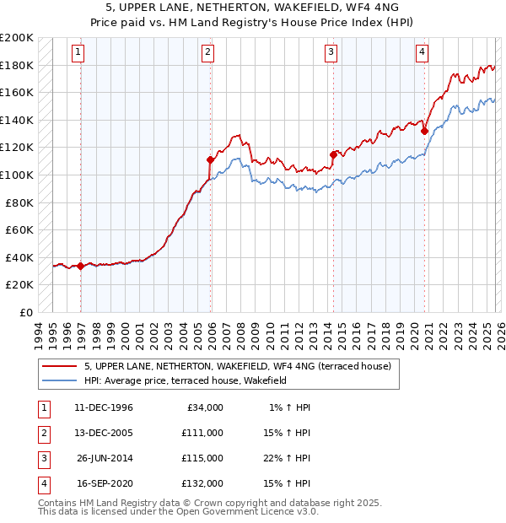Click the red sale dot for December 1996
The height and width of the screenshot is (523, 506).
[81, 266]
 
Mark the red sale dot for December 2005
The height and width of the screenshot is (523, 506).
[210, 159]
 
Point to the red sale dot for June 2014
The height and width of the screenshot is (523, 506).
[333, 154]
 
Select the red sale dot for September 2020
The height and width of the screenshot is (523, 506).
[423, 131]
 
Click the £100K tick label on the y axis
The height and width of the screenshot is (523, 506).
[17, 175]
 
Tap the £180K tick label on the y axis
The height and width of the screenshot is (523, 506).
[17, 65]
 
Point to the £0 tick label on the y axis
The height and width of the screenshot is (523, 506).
[25, 312]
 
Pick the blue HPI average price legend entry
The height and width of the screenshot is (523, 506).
[186, 380]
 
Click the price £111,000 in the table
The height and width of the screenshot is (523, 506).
[202, 432]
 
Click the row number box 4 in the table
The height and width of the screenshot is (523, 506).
[41, 483]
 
